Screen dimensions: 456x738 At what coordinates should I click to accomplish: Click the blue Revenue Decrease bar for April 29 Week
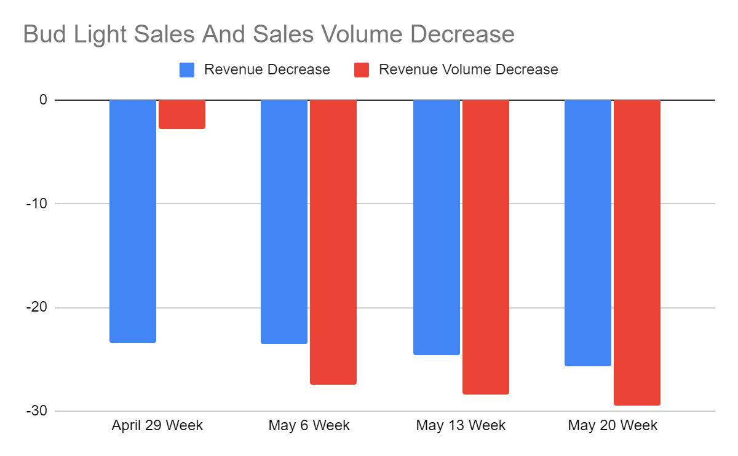133,221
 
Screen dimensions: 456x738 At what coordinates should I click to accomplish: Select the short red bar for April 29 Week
182,114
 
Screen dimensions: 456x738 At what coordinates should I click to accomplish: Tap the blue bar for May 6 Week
284,222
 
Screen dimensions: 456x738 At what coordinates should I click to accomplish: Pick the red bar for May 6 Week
333,242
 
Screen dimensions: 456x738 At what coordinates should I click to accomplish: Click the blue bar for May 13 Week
437,227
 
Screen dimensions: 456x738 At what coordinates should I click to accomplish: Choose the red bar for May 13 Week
486,247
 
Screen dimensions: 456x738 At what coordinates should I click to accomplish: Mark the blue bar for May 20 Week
588,233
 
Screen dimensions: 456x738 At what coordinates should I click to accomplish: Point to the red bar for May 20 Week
637,253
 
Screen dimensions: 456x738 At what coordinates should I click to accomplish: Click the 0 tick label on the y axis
43,100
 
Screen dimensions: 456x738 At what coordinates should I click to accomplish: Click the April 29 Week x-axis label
157,425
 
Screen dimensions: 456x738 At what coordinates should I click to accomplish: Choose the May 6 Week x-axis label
309,425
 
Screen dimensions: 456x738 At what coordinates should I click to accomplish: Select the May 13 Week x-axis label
461,425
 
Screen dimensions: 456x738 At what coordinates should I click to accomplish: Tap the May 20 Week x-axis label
613,425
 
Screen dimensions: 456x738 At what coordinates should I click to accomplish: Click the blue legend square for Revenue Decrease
187,70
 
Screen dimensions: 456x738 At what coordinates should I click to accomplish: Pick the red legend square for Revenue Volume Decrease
362,70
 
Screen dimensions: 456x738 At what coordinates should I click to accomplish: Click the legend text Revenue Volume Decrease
468,69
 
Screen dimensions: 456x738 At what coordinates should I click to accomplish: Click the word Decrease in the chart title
462,34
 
